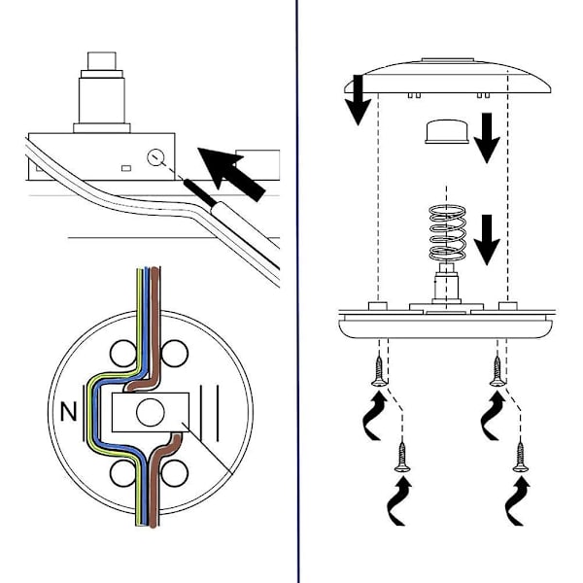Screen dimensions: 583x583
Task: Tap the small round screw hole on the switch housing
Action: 155,156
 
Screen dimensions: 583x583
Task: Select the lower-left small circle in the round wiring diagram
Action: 122,472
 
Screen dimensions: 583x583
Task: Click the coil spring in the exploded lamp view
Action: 446,234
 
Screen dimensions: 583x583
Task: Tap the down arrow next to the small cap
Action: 486,138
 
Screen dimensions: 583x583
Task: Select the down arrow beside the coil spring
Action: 490,237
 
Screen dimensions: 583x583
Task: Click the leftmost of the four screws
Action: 375,371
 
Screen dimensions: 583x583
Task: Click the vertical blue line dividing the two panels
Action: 296,291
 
